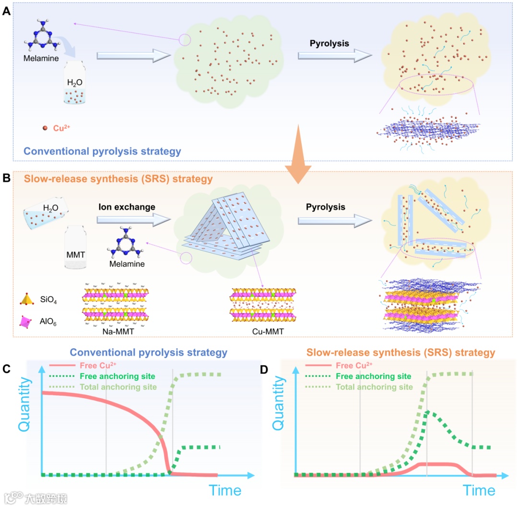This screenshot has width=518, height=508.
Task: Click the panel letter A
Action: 6,11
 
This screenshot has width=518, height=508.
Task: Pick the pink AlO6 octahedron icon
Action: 25,321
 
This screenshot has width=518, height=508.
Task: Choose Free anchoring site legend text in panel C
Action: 121,376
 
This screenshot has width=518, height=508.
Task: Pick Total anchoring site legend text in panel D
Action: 375,387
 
